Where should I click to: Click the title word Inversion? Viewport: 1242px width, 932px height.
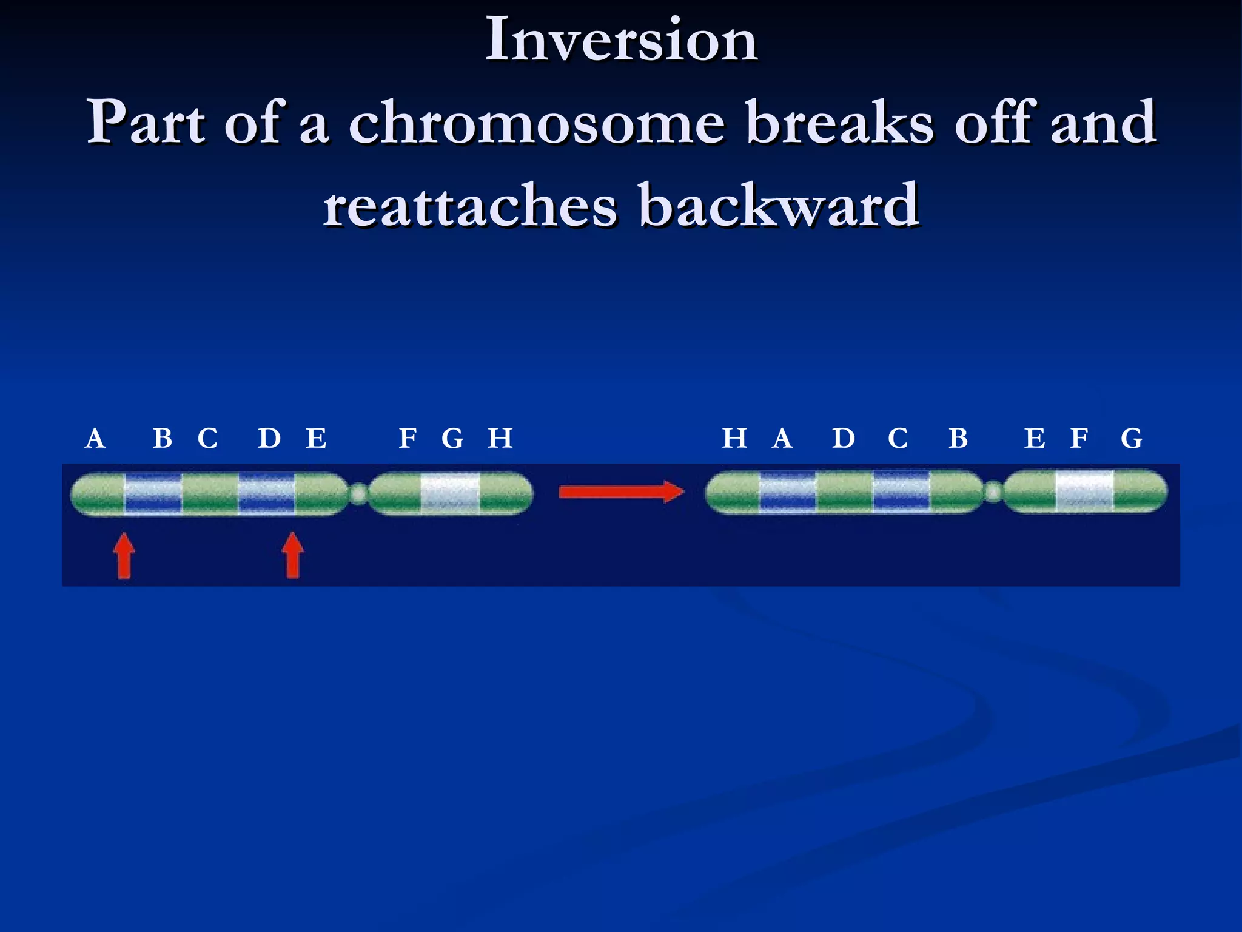(622, 40)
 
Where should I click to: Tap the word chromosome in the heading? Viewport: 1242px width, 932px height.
(537, 123)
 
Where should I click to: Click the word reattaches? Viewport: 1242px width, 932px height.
(469, 207)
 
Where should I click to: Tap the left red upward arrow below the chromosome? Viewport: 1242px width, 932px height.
(124, 555)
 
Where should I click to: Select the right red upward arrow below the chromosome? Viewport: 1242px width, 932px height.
(293, 555)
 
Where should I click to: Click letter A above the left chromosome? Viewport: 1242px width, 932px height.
(95, 439)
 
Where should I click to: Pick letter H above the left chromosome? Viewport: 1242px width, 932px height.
(500, 438)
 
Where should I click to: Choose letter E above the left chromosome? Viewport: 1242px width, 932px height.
(316, 438)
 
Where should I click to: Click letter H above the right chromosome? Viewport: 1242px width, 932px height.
(734, 438)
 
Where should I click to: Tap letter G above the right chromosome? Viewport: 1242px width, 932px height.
(1132, 438)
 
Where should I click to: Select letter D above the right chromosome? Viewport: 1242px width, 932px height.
(844, 438)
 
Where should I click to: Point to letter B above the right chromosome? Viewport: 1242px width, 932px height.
(958, 438)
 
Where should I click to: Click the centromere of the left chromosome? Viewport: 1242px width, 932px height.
(359, 494)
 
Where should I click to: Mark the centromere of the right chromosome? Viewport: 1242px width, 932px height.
(993, 492)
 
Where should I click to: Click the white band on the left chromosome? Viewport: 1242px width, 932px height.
(450, 494)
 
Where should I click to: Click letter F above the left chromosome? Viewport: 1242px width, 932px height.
(408, 438)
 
